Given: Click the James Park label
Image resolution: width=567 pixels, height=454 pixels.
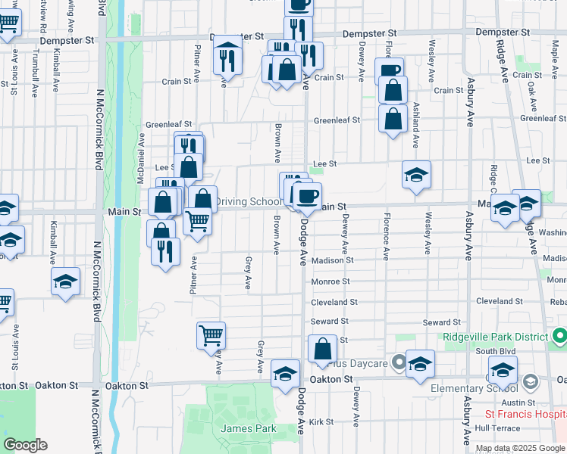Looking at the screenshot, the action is (249, 429).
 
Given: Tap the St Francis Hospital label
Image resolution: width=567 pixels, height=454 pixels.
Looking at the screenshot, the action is (525, 415).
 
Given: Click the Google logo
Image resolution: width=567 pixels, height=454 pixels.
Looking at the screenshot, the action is (24, 445).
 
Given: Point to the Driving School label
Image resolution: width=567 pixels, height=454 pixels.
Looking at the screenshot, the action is (248, 202).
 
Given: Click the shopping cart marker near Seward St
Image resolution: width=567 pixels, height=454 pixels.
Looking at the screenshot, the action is (211, 335).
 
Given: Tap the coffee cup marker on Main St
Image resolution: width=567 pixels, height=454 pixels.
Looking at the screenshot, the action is (307, 197).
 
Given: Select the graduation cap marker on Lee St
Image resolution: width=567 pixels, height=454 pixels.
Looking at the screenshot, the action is (416, 175).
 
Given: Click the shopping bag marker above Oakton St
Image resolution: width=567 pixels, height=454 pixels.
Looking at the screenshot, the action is (323, 350).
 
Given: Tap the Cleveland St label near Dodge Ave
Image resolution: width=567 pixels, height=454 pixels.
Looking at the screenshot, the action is (333, 302).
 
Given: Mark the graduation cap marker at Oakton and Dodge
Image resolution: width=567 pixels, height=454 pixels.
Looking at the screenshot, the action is (286, 374).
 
